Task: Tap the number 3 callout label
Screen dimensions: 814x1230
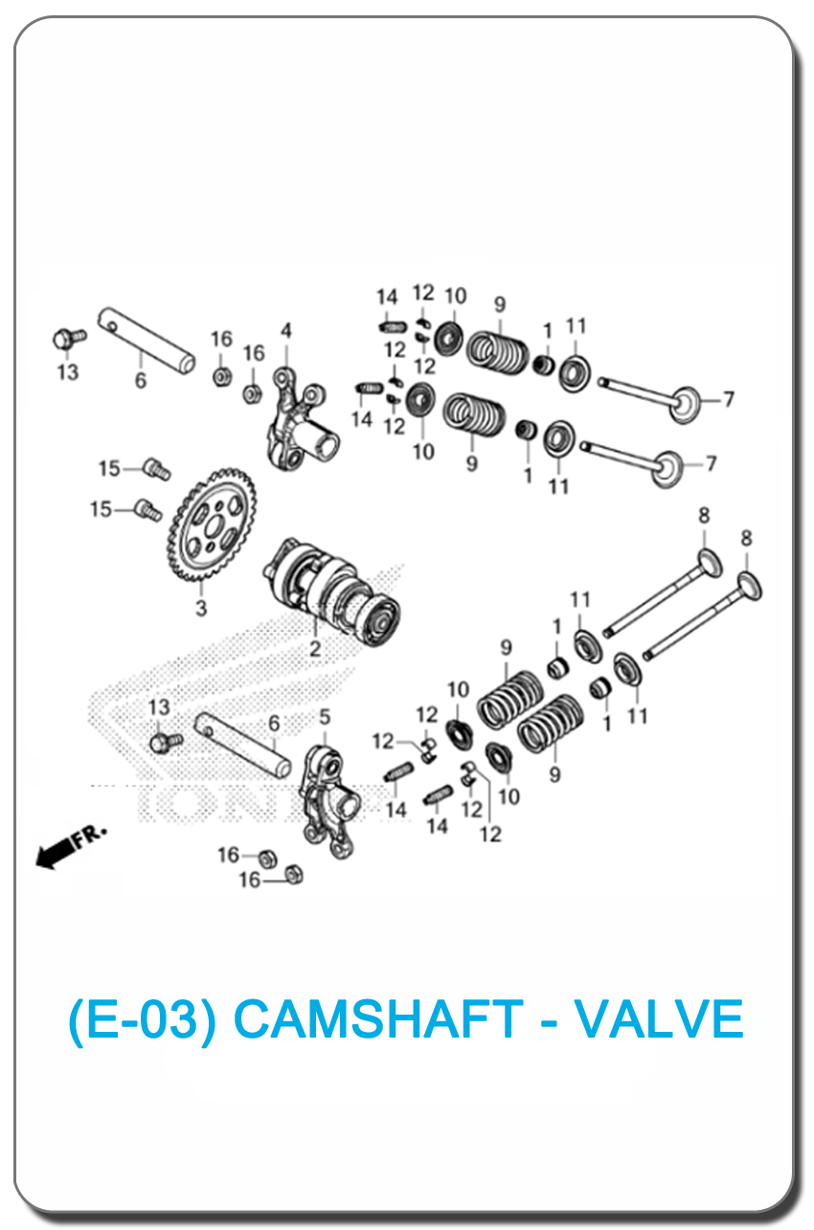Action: click(x=201, y=608)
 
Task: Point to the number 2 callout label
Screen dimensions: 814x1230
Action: click(x=315, y=649)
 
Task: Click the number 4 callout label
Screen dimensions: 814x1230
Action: click(x=286, y=330)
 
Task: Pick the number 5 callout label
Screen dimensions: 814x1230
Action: click(x=325, y=717)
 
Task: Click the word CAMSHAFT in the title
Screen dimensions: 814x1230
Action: click(x=378, y=1018)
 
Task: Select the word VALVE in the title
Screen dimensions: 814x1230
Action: click(x=659, y=1018)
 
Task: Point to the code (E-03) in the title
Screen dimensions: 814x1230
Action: click(x=143, y=1019)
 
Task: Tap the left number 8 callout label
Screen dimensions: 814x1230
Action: click(x=704, y=516)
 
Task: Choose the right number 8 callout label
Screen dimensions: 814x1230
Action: click(x=746, y=538)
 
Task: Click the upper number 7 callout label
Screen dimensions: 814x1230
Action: click(x=729, y=399)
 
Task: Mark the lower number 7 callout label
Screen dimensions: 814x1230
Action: click(x=712, y=464)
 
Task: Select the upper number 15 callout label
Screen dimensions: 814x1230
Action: click(x=109, y=469)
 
